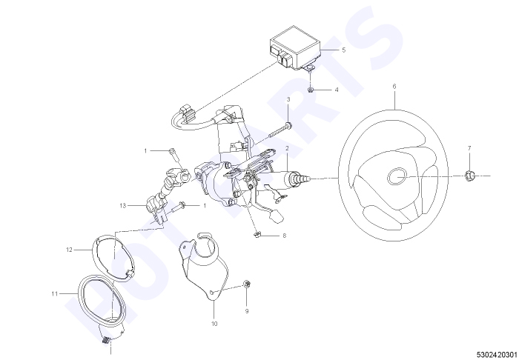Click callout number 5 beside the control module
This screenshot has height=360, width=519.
coord(343,50)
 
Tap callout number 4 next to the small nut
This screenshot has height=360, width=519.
coord(337,90)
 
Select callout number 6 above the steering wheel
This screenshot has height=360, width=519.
coord(394,86)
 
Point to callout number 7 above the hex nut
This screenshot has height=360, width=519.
coord(469,148)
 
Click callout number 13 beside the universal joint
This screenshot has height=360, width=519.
coord(123,206)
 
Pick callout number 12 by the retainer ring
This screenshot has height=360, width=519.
coord(69,250)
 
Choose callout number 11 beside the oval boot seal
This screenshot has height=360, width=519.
coord(55,293)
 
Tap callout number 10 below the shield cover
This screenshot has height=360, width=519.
coord(214,324)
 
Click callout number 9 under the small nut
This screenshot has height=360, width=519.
coord(247,311)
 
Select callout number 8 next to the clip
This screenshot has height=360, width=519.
coord(284,236)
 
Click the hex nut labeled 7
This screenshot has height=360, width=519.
coord(469,176)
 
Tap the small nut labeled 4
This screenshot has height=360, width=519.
coord(310,90)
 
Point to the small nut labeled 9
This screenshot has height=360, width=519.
coord(247,284)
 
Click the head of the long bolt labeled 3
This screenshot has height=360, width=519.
coord(288,125)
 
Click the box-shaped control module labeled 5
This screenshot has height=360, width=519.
coord(294,47)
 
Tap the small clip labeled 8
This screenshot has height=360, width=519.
coord(257,235)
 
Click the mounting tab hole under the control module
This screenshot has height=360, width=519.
coord(310,68)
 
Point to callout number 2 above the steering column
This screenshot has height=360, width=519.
coord(287,148)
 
